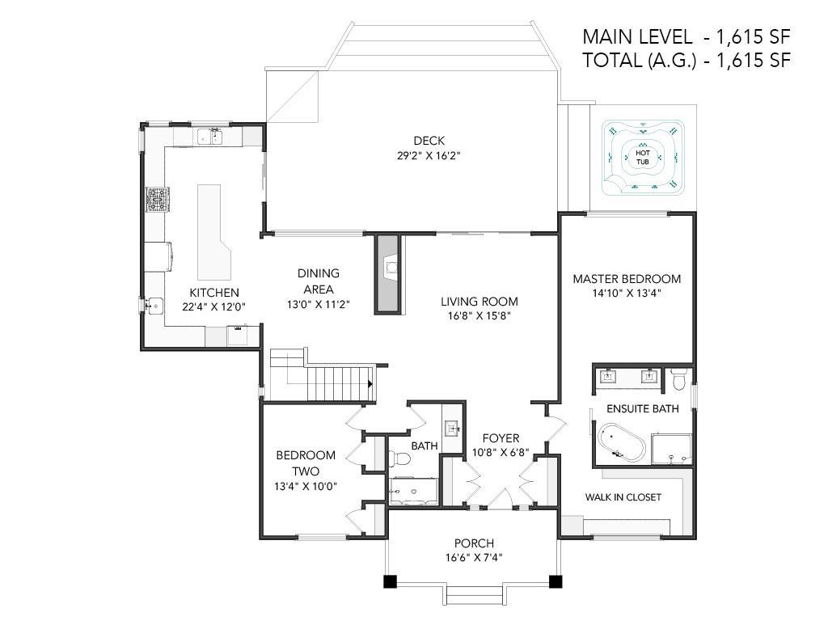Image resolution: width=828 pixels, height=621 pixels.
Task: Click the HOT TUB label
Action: click(x=643, y=157)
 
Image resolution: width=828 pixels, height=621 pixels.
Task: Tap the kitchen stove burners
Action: click(x=158, y=200)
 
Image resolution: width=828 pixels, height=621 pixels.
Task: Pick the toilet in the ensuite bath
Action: click(x=678, y=378)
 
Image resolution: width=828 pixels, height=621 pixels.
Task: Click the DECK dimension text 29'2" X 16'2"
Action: click(x=429, y=156)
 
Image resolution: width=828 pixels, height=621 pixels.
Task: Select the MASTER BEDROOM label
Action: click(x=627, y=279)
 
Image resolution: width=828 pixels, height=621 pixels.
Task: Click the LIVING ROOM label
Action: click(x=479, y=302)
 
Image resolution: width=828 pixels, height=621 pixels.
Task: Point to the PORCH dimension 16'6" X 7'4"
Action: click(x=474, y=557)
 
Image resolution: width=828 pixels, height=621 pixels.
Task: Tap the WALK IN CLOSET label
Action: click(x=623, y=497)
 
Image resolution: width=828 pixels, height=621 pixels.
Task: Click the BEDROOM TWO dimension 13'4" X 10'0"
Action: click(x=306, y=486)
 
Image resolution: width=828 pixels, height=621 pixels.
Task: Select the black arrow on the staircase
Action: click(x=370, y=384)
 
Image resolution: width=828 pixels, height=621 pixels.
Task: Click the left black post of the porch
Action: click(x=390, y=581)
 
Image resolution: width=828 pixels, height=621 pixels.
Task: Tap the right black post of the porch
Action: click(x=556, y=581)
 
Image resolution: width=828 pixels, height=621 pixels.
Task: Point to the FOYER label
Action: click(x=501, y=438)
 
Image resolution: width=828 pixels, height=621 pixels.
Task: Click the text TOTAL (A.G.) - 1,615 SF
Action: click(x=686, y=60)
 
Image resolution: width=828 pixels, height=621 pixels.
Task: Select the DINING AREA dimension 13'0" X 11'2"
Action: click(x=319, y=305)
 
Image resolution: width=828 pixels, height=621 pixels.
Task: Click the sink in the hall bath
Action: click(x=451, y=428)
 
